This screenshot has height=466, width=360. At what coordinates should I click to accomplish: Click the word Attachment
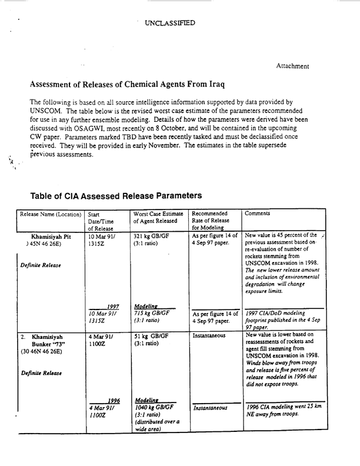293,66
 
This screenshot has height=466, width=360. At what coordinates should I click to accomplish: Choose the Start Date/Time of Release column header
99,221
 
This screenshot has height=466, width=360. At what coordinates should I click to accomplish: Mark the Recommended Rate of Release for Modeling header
215,221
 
